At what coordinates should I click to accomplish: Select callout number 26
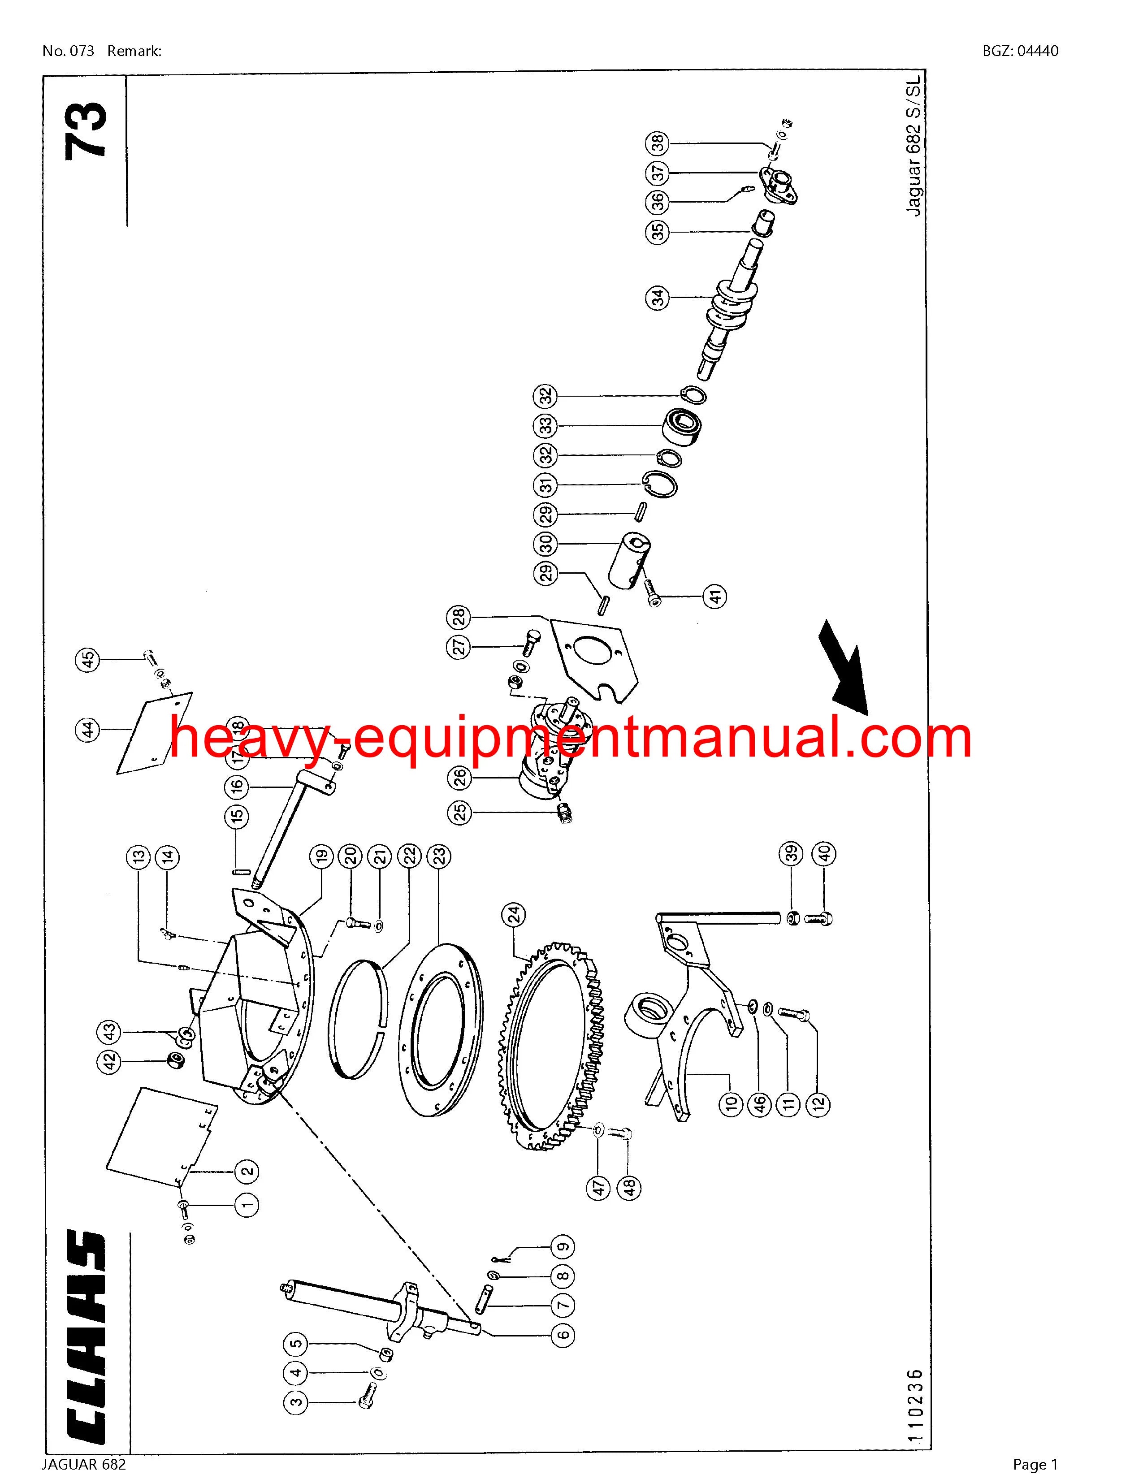click(x=460, y=778)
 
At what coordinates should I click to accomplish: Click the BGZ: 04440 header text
click(x=1021, y=51)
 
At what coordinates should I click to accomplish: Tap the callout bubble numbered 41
click(x=716, y=596)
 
